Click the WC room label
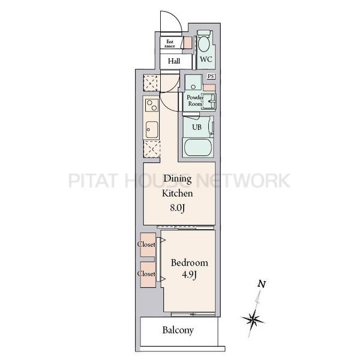(206, 59)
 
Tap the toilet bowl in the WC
(203, 44)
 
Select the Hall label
(174, 61)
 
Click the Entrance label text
(170, 44)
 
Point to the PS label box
(211, 76)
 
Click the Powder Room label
(195, 101)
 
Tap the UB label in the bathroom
(197, 127)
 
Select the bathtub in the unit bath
(198, 148)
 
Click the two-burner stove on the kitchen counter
(151, 105)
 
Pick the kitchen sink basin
(152, 130)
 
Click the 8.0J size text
(177, 208)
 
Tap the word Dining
(178, 179)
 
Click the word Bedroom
(190, 263)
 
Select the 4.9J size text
(189, 275)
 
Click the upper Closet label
(146, 244)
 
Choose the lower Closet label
(146, 274)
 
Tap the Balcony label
(178, 331)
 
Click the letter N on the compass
(262, 284)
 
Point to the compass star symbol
(253, 319)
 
